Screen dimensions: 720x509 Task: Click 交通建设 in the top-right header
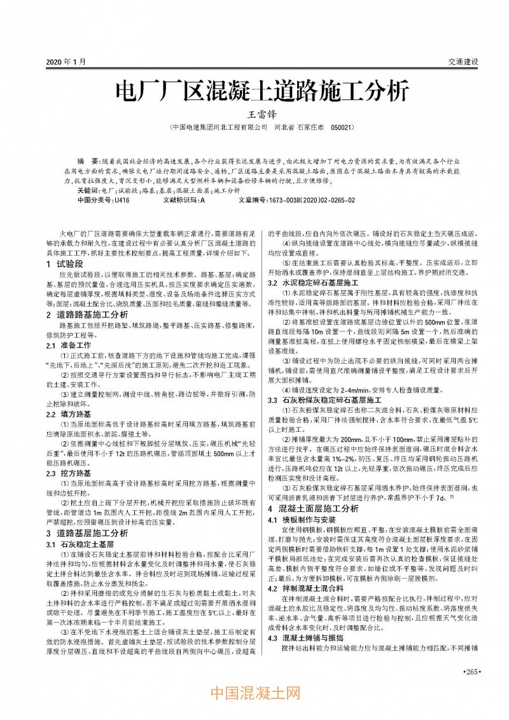pyautogui.click(x=463, y=62)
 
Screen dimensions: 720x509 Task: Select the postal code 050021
pyautogui.click(x=342, y=128)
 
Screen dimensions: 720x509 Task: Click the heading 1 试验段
pyautogui.click(x=64, y=263)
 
